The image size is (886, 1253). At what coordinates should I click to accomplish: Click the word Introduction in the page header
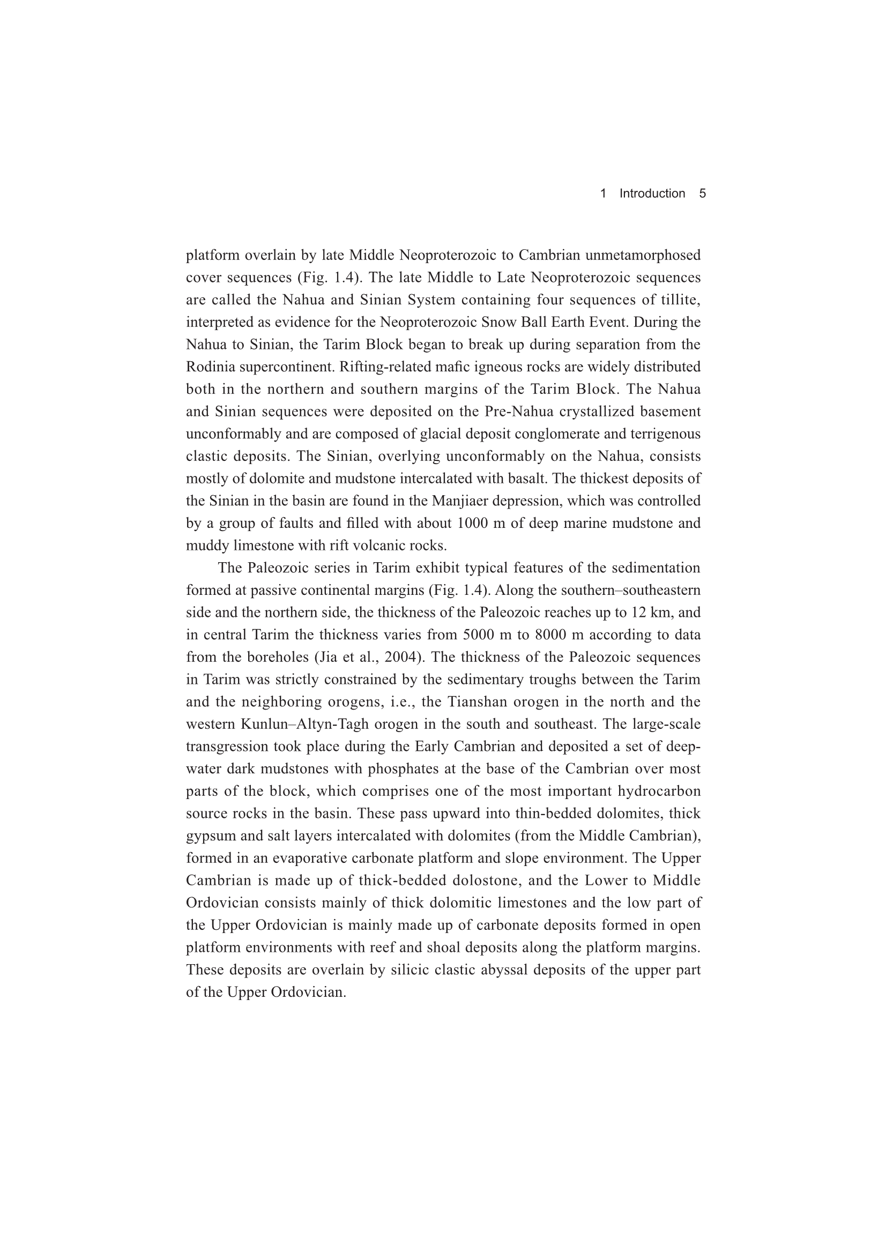point(652,193)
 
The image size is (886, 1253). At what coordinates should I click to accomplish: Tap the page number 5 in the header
point(703,193)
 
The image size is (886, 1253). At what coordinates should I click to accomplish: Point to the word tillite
point(679,300)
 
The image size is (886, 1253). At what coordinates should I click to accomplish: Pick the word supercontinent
point(287,367)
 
